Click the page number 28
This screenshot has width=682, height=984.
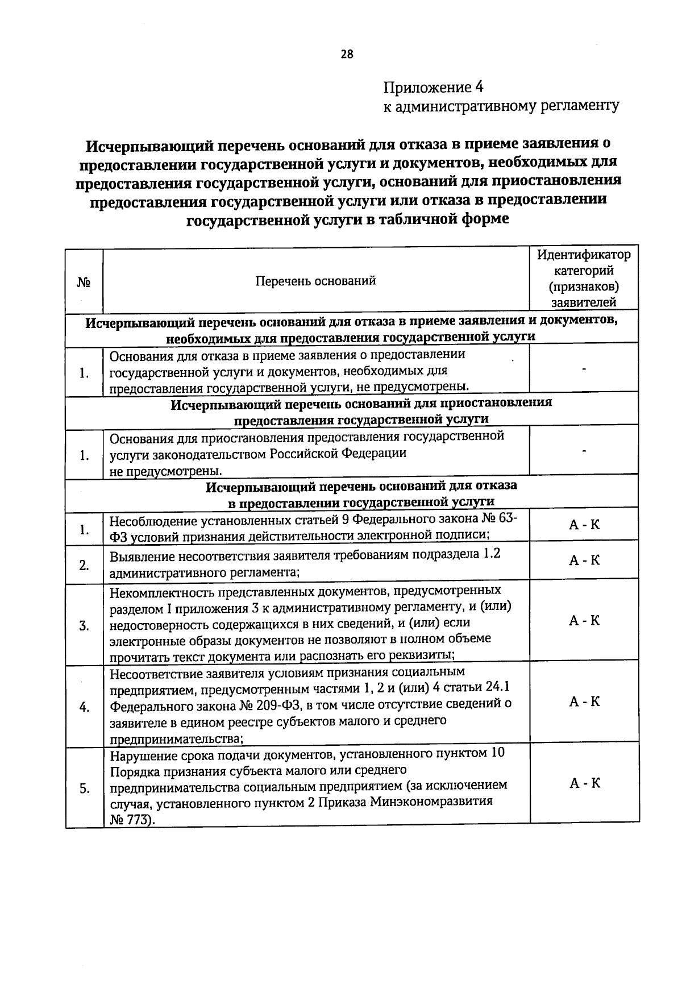coord(347,55)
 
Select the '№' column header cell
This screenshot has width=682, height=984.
coord(84,281)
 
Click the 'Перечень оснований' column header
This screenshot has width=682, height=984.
coord(315,281)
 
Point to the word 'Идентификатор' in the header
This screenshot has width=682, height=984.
coord(584,255)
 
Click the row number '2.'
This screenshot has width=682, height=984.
coord(84,566)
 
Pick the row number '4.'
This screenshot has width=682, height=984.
coord(84,708)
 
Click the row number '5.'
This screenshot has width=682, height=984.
coord(84,789)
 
